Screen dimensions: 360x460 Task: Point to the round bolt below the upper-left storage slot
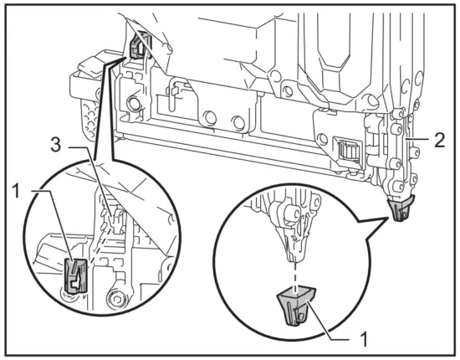coord(132,105)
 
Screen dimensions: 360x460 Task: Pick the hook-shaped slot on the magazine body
coord(175,93)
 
